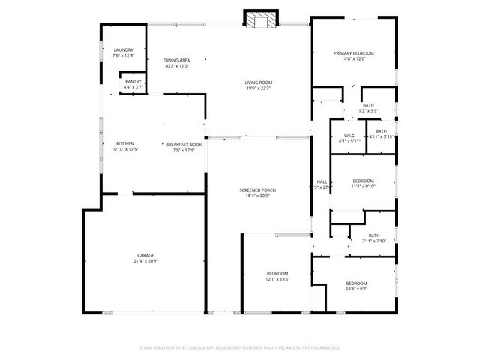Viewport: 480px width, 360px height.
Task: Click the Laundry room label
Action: click(x=123, y=50)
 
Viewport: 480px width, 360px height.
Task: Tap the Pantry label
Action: click(x=133, y=82)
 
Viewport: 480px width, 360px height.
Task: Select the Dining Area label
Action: click(x=176, y=60)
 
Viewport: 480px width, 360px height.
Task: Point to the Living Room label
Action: click(x=258, y=82)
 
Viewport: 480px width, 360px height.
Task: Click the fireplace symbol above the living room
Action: click(x=261, y=21)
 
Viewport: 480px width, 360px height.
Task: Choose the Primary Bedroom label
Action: click(x=354, y=53)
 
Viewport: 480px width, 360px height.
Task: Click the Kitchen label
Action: click(x=124, y=144)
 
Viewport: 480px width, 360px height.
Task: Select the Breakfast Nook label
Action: click(x=184, y=144)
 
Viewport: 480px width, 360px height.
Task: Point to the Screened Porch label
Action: click(x=258, y=190)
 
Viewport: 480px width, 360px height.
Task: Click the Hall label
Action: click(x=322, y=181)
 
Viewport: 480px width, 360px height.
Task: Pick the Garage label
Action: click(x=145, y=255)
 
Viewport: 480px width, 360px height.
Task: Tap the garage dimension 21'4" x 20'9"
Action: click(x=145, y=261)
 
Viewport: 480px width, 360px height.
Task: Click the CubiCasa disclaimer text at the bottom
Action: click(x=240, y=347)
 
